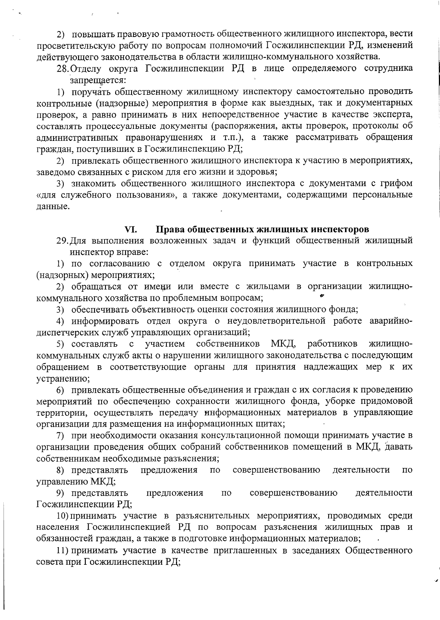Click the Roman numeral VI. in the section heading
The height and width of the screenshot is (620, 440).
131,229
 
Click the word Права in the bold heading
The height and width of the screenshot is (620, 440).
170,229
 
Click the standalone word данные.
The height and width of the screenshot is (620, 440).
53,206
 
